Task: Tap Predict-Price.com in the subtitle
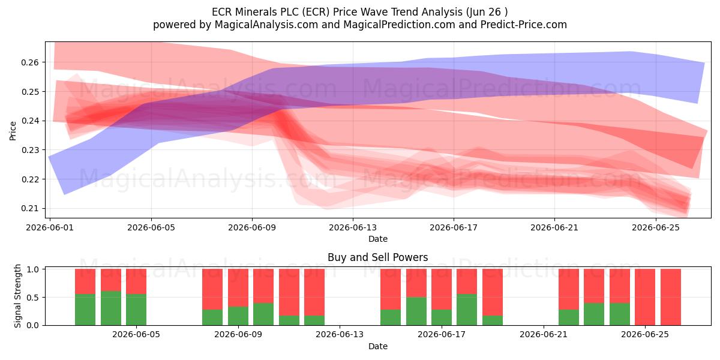pos(523,25)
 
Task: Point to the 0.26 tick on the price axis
pos(30,62)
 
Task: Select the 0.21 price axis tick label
pos(30,209)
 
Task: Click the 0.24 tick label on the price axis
pos(30,121)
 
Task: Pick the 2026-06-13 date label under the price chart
pos(353,227)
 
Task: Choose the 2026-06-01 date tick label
pos(50,227)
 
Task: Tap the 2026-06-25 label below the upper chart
pos(656,227)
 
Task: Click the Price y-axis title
pos(13,131)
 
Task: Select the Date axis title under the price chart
pos(378,239)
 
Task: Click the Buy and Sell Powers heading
pos(377,257)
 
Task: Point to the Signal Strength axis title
pos(17,296)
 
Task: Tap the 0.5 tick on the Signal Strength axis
pos(32,298)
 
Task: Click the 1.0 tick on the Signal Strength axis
pos(32,269)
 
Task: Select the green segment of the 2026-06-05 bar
pos(136,310)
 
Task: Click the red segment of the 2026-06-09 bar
pos(238,287)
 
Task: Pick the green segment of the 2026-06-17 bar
pos(442,317)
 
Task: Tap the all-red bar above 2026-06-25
pos(645,297)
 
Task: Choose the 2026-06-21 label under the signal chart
pos(544,335)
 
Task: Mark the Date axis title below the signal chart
pos(378,346)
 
